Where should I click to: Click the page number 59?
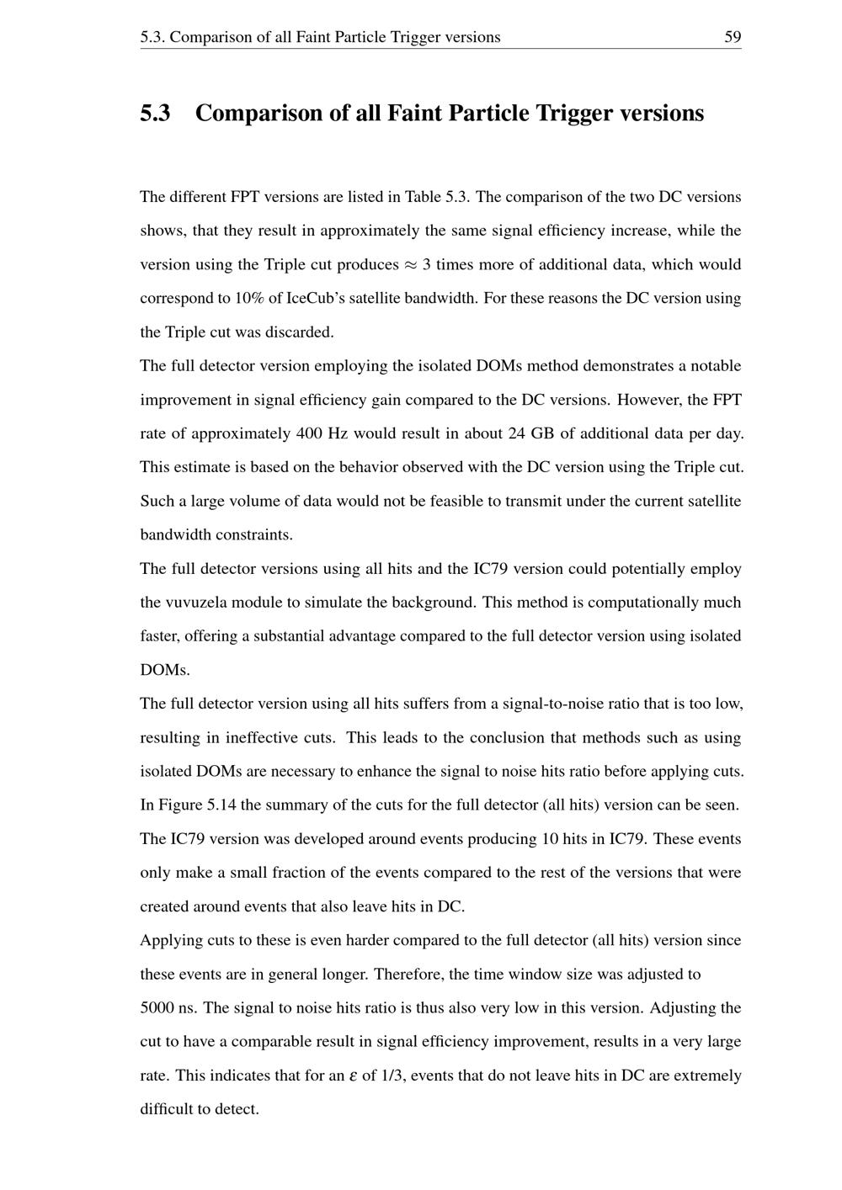732,37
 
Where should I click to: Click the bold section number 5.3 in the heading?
155,113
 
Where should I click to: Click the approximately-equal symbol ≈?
410,265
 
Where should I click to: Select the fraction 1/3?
391,1076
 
